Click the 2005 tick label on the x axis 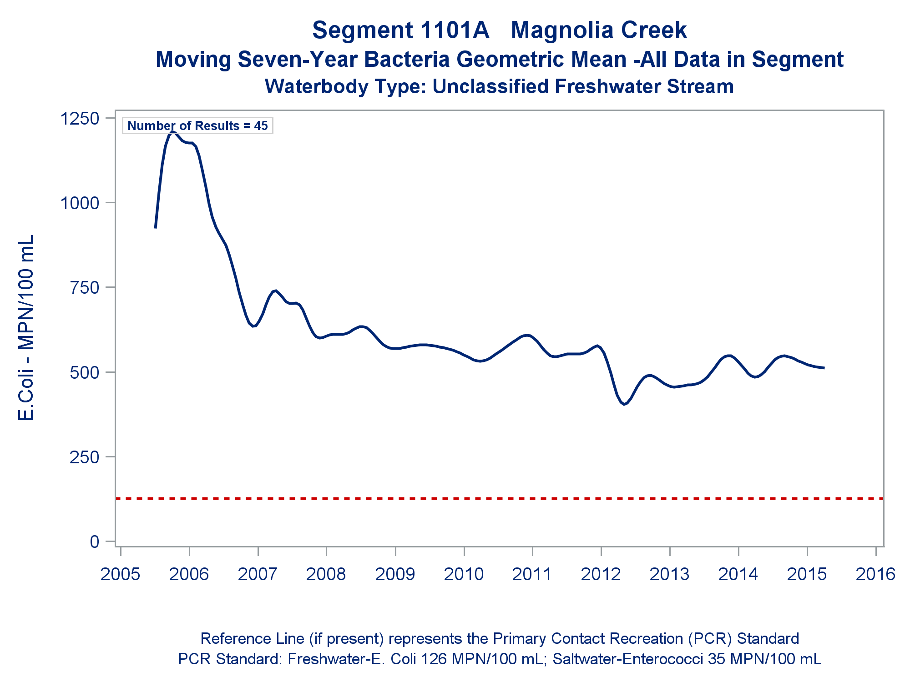pos(120,574)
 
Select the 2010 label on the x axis pos(464,574)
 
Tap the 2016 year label pos(875,574)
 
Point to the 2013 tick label pos(669,574)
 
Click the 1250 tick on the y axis pos(80,119)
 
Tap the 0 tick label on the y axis pos(94,542)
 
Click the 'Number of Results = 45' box pos(197,126)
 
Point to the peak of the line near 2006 pos(172,132)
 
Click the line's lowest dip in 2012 pos(624,404)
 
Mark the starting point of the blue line pos(156,227)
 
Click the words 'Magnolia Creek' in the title pos(598,30)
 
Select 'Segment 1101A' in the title pos(401,30)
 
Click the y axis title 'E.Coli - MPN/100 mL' pos(26,328)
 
